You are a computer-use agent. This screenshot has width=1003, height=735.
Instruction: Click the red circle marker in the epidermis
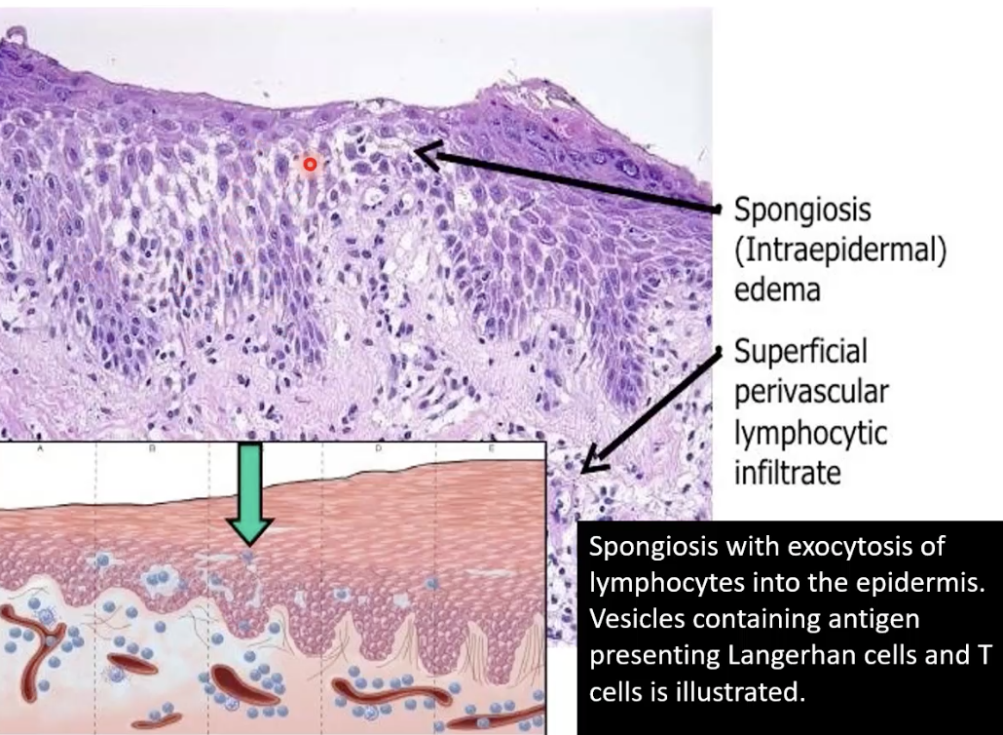(x=310, y=165)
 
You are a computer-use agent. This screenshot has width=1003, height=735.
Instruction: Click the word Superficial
(x=800, y=351)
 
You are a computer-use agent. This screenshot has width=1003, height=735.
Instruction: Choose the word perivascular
(x=810, y=392)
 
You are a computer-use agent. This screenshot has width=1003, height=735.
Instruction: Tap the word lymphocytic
(x=809, y=433)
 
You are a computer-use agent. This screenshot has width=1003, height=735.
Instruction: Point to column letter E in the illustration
(x=491, y=449)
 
